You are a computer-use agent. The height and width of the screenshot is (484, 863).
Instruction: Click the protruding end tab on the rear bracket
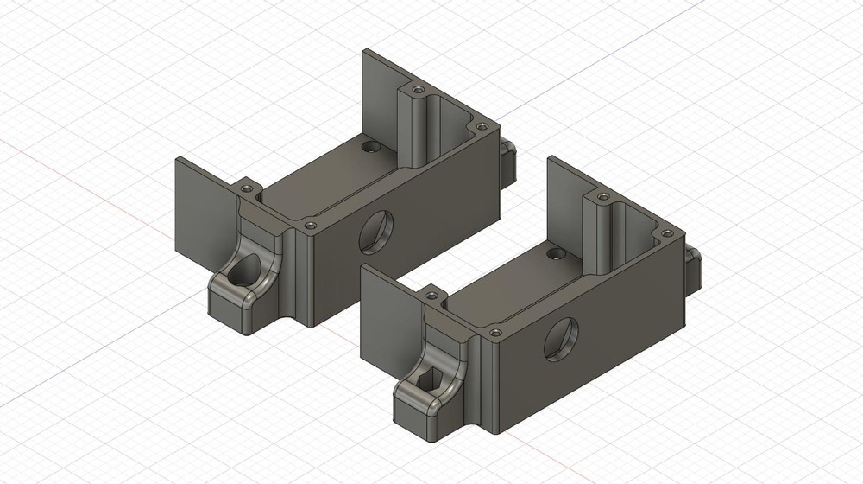click(x=507, y=161)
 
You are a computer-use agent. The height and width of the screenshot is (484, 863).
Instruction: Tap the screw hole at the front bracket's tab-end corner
click(x=666, y=232)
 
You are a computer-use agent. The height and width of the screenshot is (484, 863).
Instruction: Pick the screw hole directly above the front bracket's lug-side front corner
click(x=495, y=332)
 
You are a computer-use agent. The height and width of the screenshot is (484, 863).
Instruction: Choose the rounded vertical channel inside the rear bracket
click(x=418, y=130)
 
